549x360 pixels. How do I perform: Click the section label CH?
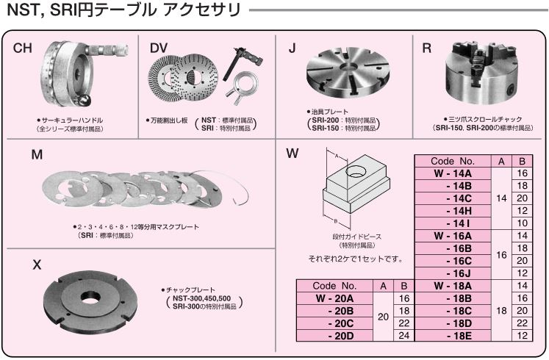click(22, 48)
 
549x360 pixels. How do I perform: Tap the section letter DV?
click(159, 48)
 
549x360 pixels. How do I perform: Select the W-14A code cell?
click(453, 173)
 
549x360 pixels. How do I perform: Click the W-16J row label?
click(453, 273)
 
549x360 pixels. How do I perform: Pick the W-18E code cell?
click(453, 336)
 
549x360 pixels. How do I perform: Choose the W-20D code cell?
click(334, 336)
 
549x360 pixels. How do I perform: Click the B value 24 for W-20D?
click(404, 336)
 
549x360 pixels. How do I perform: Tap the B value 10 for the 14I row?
click(522, 223)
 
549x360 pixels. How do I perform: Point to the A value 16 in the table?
click(501, 255)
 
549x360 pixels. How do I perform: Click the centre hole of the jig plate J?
click(348, 67)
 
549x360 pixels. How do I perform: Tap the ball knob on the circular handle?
click(85, 101)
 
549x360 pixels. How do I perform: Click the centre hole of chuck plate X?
click(90, 299)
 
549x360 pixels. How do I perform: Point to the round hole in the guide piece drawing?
click(356, 171)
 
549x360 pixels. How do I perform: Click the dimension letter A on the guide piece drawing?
click(337, 156)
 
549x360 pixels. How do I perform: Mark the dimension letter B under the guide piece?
click(335, 220)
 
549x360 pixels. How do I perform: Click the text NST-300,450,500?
click(201, 298)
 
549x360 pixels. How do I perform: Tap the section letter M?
click(37, 154)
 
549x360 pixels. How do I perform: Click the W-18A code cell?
click(453, 286)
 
